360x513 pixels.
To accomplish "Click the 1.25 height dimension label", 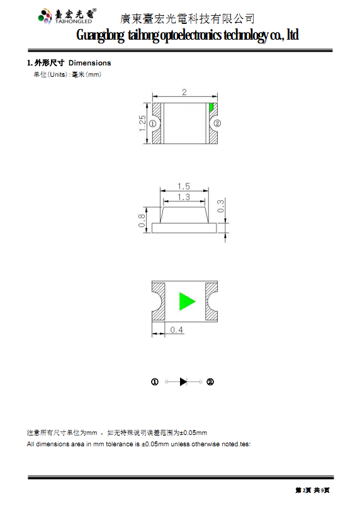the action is [x=142, y=123].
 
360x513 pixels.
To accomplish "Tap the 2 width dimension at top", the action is [x=184, y=92].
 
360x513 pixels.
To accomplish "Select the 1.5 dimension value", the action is [x=184, y=186].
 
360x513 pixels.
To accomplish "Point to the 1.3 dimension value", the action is [x=184, y=197].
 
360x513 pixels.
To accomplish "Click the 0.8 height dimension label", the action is [x=142, y=220].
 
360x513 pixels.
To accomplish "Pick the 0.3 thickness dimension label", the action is [x=221, y=206].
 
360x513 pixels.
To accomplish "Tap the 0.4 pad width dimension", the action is [x=176, y=330].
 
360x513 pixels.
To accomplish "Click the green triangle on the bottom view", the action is [x=186, y=302].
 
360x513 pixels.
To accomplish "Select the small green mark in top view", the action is [x=211, y=106].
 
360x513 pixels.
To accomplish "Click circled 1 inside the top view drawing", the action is [x=152, y=123].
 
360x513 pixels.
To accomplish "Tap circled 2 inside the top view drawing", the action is [x=217, y=123].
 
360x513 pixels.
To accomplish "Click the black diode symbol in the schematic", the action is [x=184, y=381].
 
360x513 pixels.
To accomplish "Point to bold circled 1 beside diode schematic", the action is [x=155, y=382].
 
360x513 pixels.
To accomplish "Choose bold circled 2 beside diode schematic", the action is [x=210, y=382].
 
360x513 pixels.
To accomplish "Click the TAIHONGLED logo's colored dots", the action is [x=45, y=16].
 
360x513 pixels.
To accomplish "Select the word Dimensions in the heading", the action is [x=89, y=63].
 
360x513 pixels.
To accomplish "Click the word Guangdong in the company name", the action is [x=100, y=35].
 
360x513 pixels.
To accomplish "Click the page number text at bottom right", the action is [x=313, y=490].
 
